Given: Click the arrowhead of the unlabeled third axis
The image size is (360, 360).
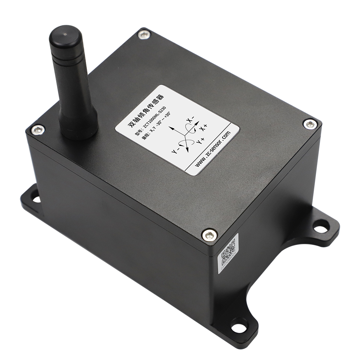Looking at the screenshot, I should tap(173, 128).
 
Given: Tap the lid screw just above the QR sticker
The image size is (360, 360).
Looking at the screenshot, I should tap(209, 235).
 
